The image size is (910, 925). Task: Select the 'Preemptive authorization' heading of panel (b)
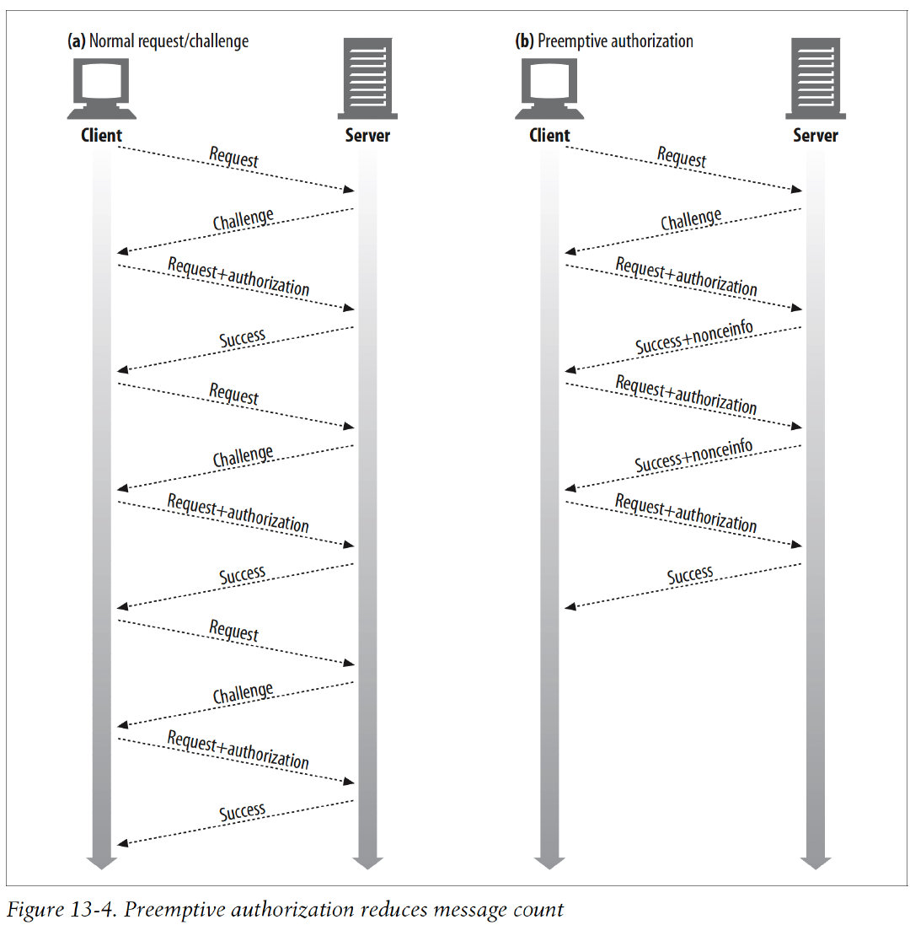click(615, 41)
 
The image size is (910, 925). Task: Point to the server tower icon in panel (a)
click(367, 78)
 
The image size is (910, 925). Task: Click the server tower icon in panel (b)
click(815, 78)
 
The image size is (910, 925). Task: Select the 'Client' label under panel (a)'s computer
click(102, 136)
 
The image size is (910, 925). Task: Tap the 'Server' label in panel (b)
click(816, 136)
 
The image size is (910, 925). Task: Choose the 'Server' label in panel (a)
click(368, 136)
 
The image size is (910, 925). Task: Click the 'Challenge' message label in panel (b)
click(691, 221)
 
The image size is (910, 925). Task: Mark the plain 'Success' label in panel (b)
click(690, 576)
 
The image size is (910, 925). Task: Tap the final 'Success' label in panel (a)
click(243, 813)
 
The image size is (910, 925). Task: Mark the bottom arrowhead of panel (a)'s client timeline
click(102, 862)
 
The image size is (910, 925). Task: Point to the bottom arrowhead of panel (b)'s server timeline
click(816, 862)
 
